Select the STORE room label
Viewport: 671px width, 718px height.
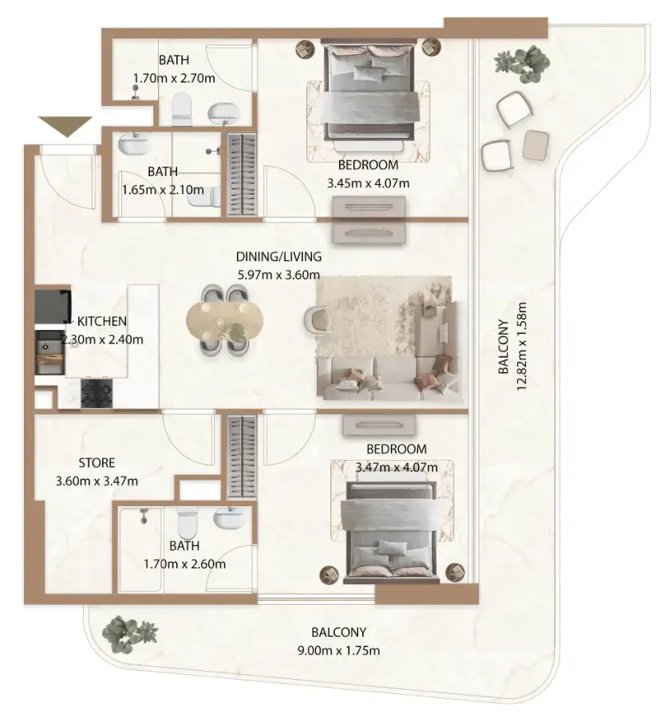pyautogui.click(x=97, y=462)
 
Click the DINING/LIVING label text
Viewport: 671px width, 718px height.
pyautogui.click(x=278, y=257)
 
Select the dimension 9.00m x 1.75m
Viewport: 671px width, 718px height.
pyautogui.click(x=338, y=650)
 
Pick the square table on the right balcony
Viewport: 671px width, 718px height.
pyautogui.click(x=536, y=143)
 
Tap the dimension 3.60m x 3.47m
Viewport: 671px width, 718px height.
pyautogui.click(x=97, y=481)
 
